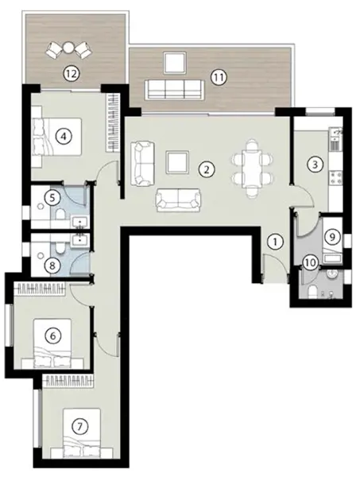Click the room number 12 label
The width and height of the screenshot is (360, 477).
[72, 73]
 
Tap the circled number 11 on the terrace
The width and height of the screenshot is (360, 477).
[219, 78]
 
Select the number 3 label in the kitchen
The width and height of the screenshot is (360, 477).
[315, 165]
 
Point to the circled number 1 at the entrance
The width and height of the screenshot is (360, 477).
[276, 242]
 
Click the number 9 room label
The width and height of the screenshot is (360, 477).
[332, 236]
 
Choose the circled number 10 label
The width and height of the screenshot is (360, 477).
[310, 262]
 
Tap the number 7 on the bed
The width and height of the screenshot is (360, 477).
[79, 426]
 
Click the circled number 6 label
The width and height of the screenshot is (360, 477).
[53, 335]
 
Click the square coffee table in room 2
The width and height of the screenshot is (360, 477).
[177, 162]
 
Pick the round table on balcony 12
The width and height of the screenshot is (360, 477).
[68, 48]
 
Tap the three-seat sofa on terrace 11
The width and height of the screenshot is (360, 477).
[174, 90]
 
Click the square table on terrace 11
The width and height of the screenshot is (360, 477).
[175, 63]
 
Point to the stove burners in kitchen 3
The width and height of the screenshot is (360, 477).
[335, 178]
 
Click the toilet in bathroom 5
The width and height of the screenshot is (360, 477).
[60, 214]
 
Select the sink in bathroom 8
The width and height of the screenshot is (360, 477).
[80, 240]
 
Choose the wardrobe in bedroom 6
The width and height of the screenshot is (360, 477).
[41, 289]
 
